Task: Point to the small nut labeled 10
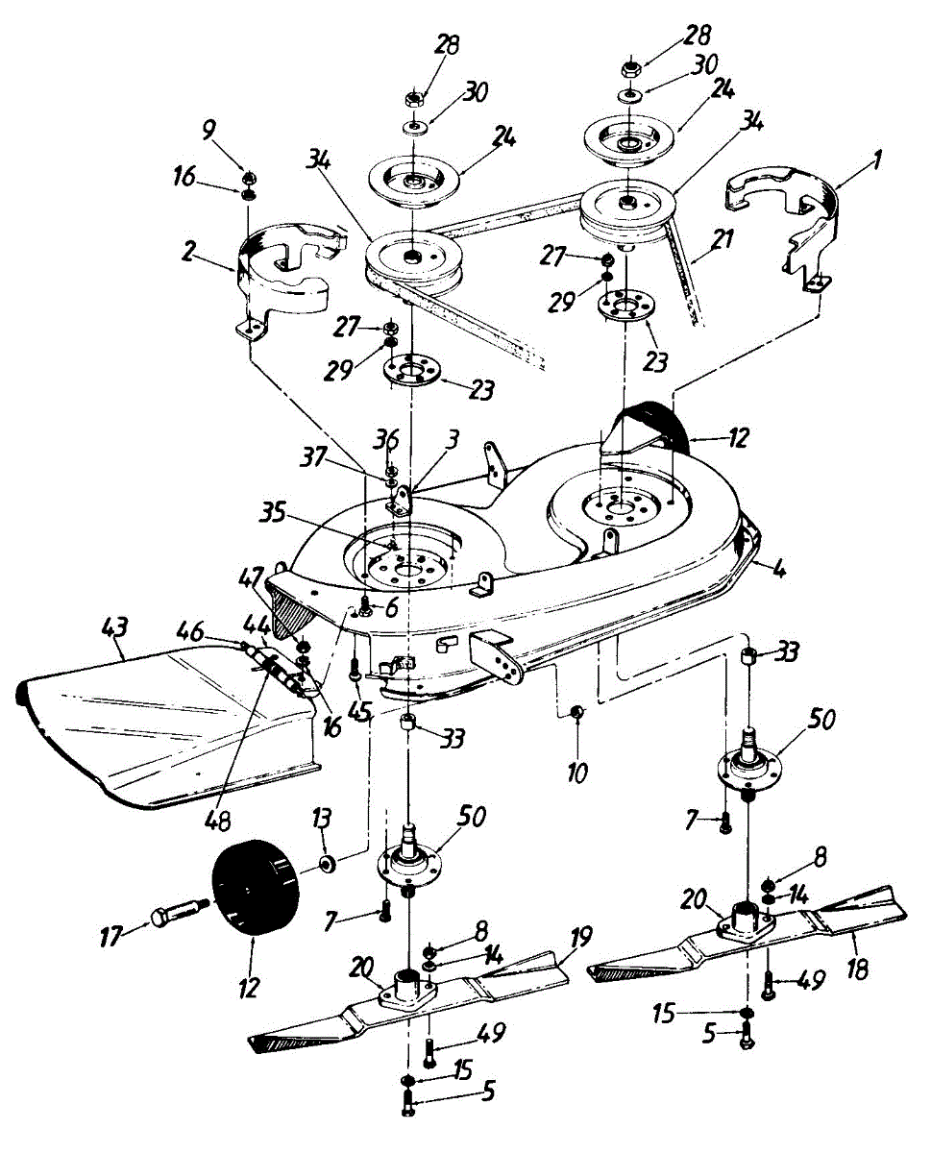(578, 711)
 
